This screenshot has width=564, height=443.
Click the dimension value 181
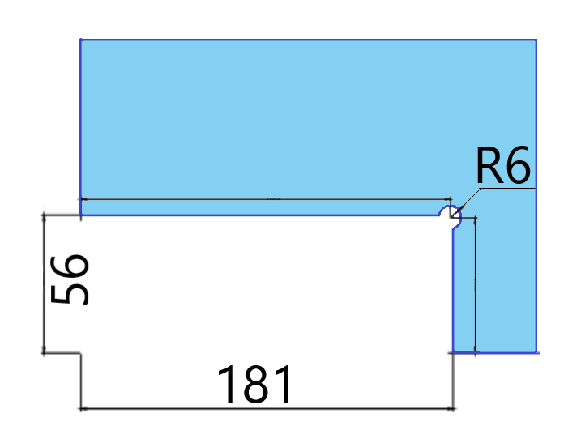tap(254, 384)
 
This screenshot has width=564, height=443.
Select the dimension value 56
tap(70, 279)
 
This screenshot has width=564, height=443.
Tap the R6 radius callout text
tap(502, 165)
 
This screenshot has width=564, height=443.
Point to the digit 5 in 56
tap(70, 292)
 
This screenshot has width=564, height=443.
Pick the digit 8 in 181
tap(256, 384)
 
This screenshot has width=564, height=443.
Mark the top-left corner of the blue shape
tap(80, 40)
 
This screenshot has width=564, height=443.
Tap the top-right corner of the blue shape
tap(536, 40)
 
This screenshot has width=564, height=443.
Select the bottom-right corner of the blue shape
tap(536, 352)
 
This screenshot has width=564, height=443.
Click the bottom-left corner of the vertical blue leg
tap(453, 352)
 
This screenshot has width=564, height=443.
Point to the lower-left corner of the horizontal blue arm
tap(80, 215)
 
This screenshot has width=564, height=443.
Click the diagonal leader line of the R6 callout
tap(467, 202)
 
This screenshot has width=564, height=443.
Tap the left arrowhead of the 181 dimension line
tap(83, 408)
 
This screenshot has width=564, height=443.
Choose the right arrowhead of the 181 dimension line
tap(451, 408)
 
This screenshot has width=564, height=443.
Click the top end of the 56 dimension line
tap(44, 215)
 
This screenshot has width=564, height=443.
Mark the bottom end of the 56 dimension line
tap(44, 353)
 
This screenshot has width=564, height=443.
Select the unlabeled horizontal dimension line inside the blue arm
tap(267, 198)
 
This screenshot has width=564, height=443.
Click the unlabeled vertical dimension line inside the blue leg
tap(475, 285)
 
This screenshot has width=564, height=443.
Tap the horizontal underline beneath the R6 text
tap(507, 188)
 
